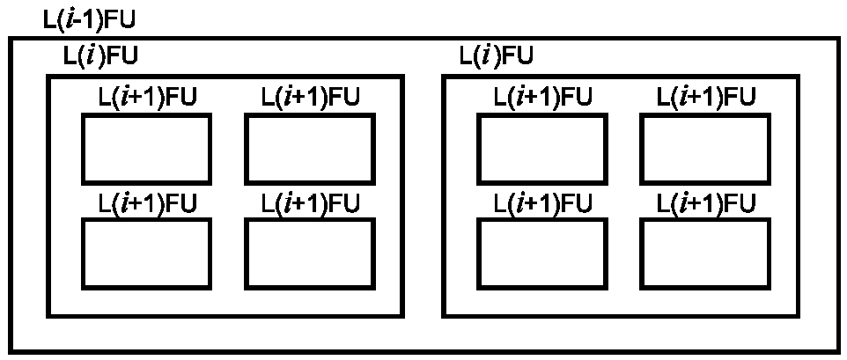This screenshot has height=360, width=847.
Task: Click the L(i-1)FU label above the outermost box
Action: [x=88, y=19]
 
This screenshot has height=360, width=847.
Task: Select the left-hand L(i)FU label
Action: [x=101, y=56]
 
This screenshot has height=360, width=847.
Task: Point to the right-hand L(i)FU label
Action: [x=497, y=56]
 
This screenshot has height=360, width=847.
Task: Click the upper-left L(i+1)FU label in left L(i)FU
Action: [x=147, y=97]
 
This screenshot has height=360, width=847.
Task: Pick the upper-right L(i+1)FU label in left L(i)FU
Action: [x=311, y=97]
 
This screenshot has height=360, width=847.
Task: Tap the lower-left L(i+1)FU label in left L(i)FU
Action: [x=147, y=203]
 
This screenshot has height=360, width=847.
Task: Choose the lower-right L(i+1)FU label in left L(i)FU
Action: [x=311, y=203]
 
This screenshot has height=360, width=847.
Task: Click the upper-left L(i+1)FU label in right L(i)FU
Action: [x=543, y=97]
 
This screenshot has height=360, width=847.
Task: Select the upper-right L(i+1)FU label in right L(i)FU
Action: [x=706, y=97]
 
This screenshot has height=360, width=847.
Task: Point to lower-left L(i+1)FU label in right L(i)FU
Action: [x=543, y=203]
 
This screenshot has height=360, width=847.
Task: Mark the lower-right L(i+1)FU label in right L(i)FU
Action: [x=706, y=203]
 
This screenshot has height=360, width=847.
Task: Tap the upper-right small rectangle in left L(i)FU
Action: [x=246, y=149]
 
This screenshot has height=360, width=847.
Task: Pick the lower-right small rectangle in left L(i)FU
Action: [x=246, y=253]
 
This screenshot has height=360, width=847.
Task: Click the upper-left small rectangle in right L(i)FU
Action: [x=477, y=149]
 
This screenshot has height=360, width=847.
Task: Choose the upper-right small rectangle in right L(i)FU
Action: [x=641, y=149]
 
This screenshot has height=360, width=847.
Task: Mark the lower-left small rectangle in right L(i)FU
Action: [x=477, y=253]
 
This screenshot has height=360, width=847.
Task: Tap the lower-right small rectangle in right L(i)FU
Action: [x=641, y=253]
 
